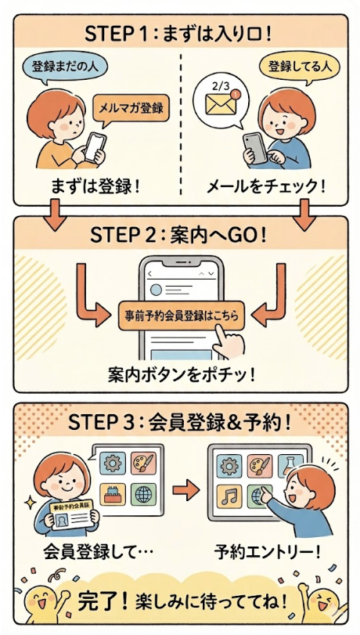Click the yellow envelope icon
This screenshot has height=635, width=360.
click(x=221, y=104)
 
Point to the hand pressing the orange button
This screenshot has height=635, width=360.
click(x=229, y=341)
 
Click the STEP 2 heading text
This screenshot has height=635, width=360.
click(x=178, y=236)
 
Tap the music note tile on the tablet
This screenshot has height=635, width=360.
click(x=229, y=496)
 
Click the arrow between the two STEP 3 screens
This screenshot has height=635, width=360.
click(x=186, y=490)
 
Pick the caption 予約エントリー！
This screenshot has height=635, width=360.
click(x=267, y=551)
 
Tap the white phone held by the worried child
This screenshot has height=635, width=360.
click(x=95, y=146)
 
